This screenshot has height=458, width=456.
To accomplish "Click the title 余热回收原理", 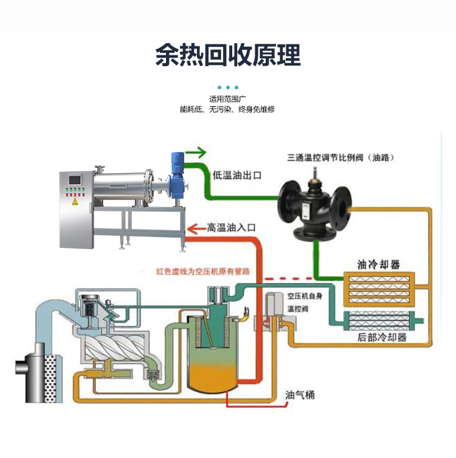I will [228, 55].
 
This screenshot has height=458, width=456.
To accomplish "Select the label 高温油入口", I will [232, 228].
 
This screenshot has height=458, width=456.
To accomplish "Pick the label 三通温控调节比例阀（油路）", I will [341, 157].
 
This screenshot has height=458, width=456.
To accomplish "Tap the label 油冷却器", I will [378, 265].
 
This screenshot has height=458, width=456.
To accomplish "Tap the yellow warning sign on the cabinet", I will [75, 202].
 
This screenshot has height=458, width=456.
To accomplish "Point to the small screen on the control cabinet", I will [75, 180].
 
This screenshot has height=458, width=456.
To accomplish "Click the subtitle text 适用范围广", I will [227, 98].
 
